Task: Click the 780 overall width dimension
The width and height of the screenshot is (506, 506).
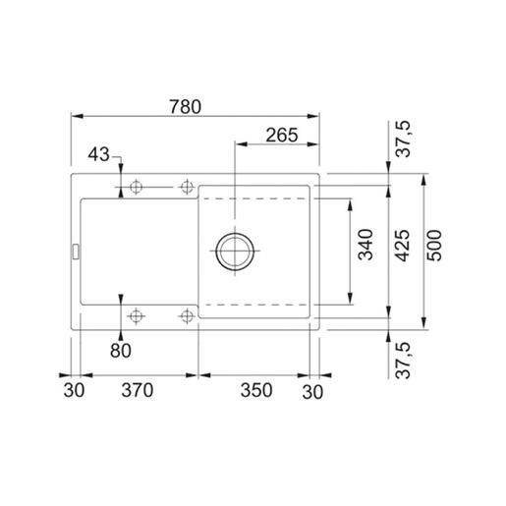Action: click(x=185, y=107)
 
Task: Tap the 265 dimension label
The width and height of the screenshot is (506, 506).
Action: click(x=282, y=135)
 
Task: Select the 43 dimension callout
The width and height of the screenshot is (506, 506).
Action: click(x=98, y=154)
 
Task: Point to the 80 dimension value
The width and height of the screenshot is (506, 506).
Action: click(x=121, y=351)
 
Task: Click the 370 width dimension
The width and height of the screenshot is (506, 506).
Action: click(x=138, y=390)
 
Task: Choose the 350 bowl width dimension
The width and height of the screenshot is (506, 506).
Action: click(x=256, y=390)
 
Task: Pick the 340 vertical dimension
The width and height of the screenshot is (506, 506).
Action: click(x=365, y=245)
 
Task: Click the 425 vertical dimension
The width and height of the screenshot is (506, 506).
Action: click(x=402, y=246)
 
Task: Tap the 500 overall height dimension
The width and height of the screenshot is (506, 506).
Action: click(x=434, y=246)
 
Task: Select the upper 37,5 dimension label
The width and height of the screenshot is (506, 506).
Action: click(x=403, y=139)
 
